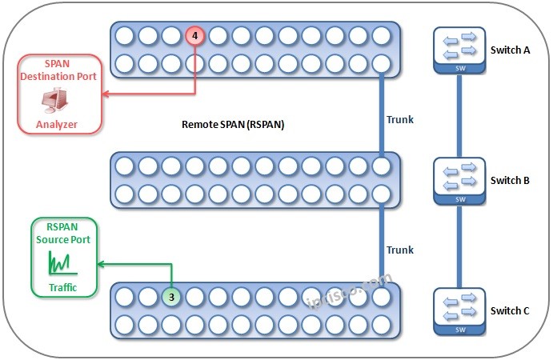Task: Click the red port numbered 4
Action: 194,36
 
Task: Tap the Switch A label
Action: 510,50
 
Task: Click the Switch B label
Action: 510,180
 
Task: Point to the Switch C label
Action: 510,310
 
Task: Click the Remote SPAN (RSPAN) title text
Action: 233,125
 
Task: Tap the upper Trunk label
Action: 400,119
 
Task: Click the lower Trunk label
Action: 400,250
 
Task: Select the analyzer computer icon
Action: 58,100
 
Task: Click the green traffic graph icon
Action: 61,261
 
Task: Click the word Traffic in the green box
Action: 62,287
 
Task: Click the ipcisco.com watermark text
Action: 349,291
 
